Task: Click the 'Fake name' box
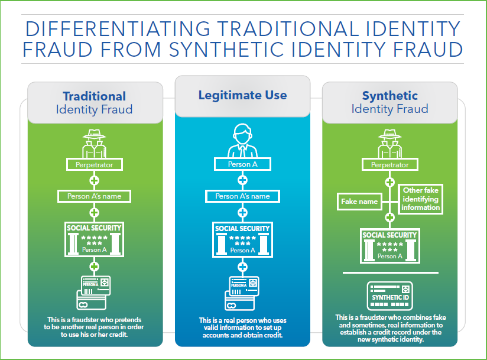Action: pyautogui.click(x=359, y=202)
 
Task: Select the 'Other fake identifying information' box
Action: pyautogui.click(x=421, y=199)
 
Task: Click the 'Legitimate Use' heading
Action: pyautogui.click(x=242, y=95)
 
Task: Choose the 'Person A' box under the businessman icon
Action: pyautogui.click(x=242, y=164)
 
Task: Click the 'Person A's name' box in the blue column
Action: pyautogui.click(x=242, y=196)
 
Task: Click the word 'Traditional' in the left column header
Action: pyautogui.click(x=95, y=96)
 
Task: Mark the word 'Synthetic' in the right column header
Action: pyautogui.click(x=389, y=96)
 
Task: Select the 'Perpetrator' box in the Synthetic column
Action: pyautogui.click(x=389, y=165)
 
